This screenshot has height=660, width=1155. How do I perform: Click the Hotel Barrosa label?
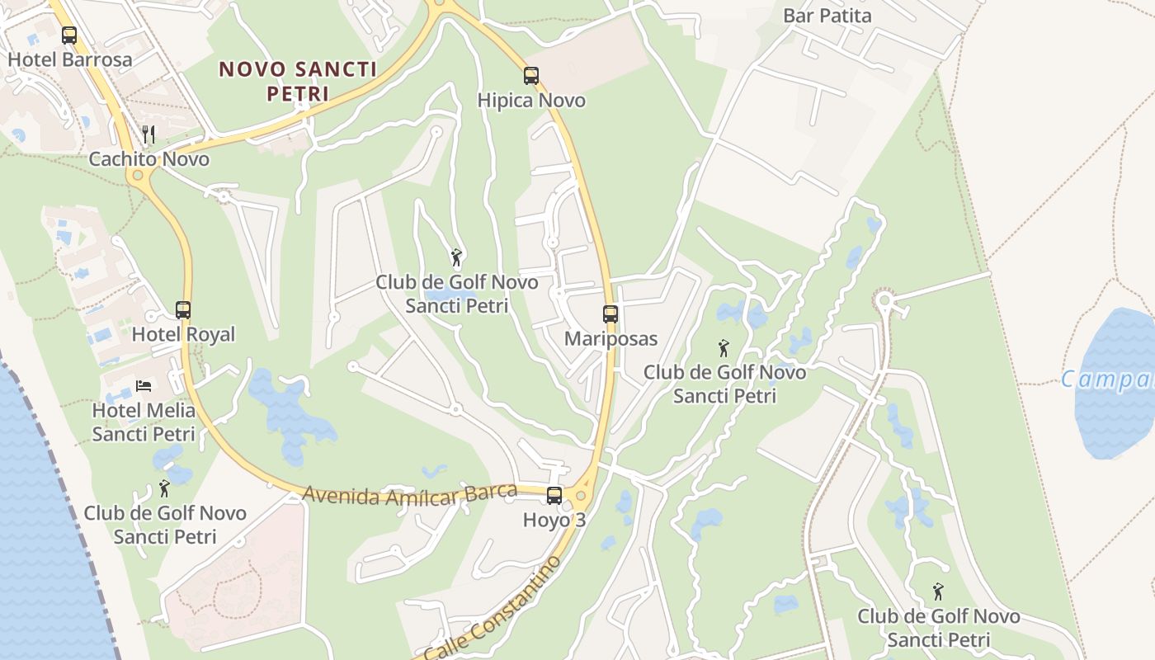coord(70,60)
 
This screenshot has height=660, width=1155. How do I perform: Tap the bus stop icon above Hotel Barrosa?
coord(69,35)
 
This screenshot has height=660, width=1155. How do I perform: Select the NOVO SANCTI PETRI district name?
coord(298,81)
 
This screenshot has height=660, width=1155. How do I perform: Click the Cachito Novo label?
coord(149,159)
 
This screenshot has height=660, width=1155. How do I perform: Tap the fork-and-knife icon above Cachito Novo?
coord(148,134)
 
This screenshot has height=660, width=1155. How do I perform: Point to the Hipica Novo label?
coord(531,101)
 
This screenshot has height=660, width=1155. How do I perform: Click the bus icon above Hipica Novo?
coord(531,76)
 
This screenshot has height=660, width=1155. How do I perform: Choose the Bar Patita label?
coord(827,16)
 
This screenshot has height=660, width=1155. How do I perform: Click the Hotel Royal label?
coord(183,335)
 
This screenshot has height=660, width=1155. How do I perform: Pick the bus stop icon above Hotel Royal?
coord(183,310)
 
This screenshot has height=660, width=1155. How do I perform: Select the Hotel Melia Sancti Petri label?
coord(144,422)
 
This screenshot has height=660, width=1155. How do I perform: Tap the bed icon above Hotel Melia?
coord(144,385)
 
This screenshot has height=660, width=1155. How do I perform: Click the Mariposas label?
coord(610,339)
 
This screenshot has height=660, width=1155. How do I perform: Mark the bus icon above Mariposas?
coord(610,313)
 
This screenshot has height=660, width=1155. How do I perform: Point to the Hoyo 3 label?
coord(554,521)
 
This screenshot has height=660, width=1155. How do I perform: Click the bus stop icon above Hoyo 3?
coord(554,496)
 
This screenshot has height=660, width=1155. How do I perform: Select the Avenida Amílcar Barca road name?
coord(409,493)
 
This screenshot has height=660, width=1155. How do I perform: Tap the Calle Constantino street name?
coord(493,609)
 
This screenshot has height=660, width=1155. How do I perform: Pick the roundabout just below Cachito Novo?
coord(137,176)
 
